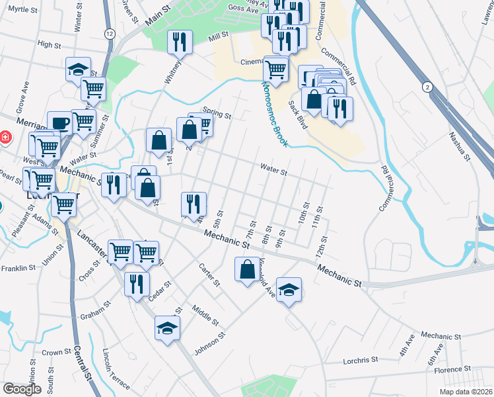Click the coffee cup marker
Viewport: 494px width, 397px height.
(x=59, y=122)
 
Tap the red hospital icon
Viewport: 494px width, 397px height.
(x=5, y=137)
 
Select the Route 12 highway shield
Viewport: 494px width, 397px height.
(x=109, y=33)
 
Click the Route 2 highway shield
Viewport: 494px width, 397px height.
(x=428, y=87)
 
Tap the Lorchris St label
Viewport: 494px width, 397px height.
(x=360, y=361)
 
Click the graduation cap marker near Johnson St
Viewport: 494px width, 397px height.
(x=167, y=328)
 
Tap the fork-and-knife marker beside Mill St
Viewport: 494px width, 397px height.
(x=180, y=42)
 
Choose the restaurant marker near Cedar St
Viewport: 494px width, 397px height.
(x=136, y=285)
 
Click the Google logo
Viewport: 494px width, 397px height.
(x=22, y=389)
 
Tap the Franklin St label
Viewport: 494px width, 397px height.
(x=18, y=268)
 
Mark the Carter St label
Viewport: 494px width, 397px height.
(x=210, y=275)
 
